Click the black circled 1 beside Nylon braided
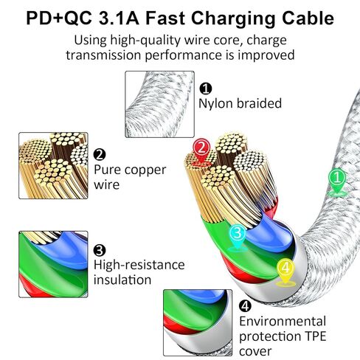click(206, 89)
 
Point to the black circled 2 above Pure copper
click(100, 155)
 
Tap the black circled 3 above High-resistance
click(100, 250)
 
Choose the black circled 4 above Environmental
click(245, 306)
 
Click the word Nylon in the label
click(215, 104)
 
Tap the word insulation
click(122, 280)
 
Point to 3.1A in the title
click(119, 18)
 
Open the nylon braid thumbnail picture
click(159, 104)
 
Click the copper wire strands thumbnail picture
click(53, 165)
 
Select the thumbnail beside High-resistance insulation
click(53, 264)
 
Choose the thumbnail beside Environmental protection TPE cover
click(198, 322)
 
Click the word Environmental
click(283, 322)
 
